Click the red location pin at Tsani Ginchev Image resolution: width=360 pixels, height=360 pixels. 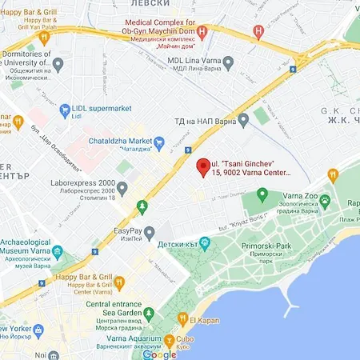[x=203, y=166]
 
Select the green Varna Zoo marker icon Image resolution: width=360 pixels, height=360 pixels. [x=262, y=194]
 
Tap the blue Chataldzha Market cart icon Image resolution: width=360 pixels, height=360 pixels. [x=158, y=144]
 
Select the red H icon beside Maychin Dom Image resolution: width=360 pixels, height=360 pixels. [x=202, y=34]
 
